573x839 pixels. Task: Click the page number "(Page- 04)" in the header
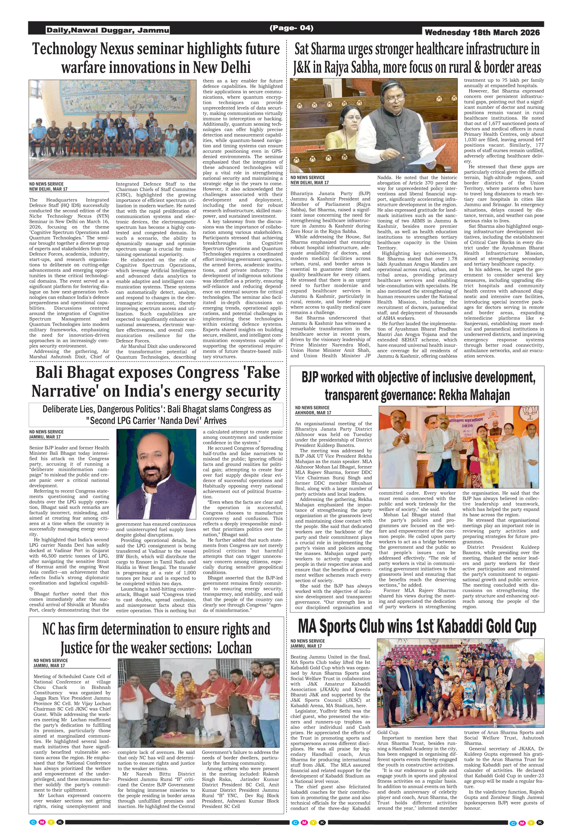point(291,28)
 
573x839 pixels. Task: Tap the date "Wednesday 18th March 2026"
point(482,32)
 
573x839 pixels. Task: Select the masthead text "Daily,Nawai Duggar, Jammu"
point(108,30)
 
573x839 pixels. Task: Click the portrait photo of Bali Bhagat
point(156,474)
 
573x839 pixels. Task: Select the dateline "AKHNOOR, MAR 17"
point(313,413)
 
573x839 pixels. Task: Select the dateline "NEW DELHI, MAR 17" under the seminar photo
point(48,189)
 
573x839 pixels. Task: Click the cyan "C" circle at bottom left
point(33,822)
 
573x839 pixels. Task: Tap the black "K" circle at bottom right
point(540,823)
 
